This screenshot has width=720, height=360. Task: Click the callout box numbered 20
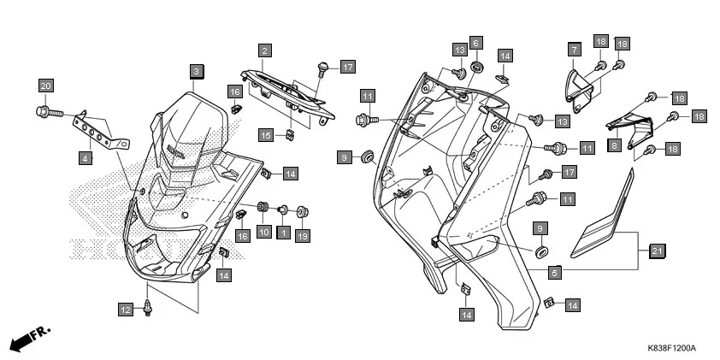(x=46, y=85)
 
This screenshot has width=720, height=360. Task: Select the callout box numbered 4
(x=86, y=157)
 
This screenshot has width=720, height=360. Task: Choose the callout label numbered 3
(x=197, y=70)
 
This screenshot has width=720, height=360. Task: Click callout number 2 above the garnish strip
(x=265, y=51)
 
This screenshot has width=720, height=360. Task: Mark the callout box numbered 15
(x=266, y=134)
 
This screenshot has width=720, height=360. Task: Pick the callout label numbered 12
(x=126, y=310)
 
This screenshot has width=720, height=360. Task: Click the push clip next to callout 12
(x=151, y=303)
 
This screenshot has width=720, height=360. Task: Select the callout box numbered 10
(x=263, y=232)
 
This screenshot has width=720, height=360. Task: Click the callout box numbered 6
(x=476, y=42)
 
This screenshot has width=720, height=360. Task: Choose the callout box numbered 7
(x=575, y=50)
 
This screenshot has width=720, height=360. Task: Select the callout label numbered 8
(x=614, y=145)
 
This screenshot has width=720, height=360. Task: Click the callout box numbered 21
(x=657, y=251)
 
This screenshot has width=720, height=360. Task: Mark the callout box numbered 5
(x=554, y=273)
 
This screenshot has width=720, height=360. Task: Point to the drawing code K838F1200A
(x=671, y=349)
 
